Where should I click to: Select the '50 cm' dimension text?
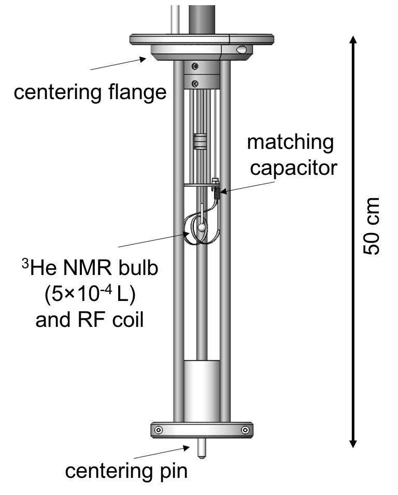372,226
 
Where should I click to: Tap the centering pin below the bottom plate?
200,447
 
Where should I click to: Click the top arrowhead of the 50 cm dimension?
353,42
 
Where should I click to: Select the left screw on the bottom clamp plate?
158,430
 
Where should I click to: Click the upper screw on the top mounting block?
194,66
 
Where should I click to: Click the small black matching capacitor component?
216,196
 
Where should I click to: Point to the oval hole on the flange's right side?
241,49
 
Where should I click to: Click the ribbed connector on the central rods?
200,142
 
